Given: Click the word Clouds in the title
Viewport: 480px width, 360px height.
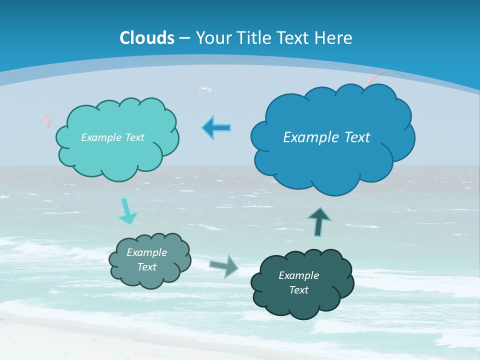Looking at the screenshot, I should pyautogui.click(x=147, y=38).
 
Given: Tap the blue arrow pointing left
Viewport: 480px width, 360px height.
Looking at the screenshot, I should pyautogui.click(x=216, y=128).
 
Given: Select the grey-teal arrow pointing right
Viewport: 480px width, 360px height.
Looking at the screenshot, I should pyautogui.click(x=224, y=266).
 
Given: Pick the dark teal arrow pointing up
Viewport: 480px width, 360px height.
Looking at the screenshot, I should pyautogui.click(x=319, y=221).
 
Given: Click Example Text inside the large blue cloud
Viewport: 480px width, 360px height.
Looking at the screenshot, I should pyautogui.click(x=326, y=137).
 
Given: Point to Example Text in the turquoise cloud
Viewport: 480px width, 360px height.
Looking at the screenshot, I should pyautogui.click(x=112, y=137).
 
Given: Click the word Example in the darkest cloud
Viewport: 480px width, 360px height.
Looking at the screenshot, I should pyautogui.click(x=298, y=275).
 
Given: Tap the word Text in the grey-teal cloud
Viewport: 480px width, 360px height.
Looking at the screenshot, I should pyautogui.click(x=147, y=267).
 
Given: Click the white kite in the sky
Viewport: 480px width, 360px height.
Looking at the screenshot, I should pyautogui.click(x=205, y=91).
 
